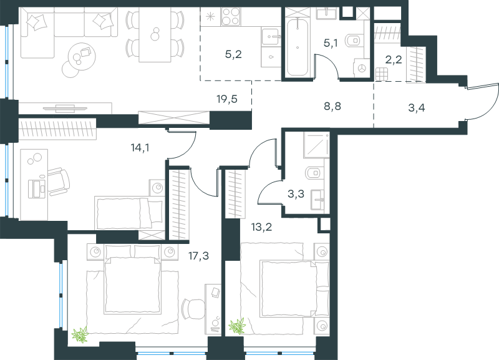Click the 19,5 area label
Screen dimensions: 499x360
coord(227,100)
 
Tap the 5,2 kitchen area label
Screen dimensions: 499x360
coord(233,54)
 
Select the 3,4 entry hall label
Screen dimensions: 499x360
coord(416,108)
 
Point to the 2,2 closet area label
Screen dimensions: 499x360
coord(394,59)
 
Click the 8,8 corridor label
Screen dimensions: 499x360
coord(332,106)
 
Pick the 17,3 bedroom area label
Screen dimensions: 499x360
coord(199,256)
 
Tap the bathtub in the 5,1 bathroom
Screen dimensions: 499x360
coord(298,47)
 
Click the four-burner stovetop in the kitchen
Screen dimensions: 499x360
coord(230,17)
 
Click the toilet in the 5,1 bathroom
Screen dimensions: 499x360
coord(354,41)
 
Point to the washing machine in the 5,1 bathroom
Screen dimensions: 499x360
coord(361,68)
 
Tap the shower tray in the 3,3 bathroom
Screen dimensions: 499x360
coord(316,145)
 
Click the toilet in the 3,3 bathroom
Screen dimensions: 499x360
coord(314,173)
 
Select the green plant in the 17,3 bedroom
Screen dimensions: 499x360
coord(80,334)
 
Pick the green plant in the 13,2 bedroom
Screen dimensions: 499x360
coord(238,326)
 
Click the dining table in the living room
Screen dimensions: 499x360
coord(155,35)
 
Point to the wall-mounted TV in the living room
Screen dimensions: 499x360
coord(65,109)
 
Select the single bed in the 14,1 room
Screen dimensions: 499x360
coord(130,213)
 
